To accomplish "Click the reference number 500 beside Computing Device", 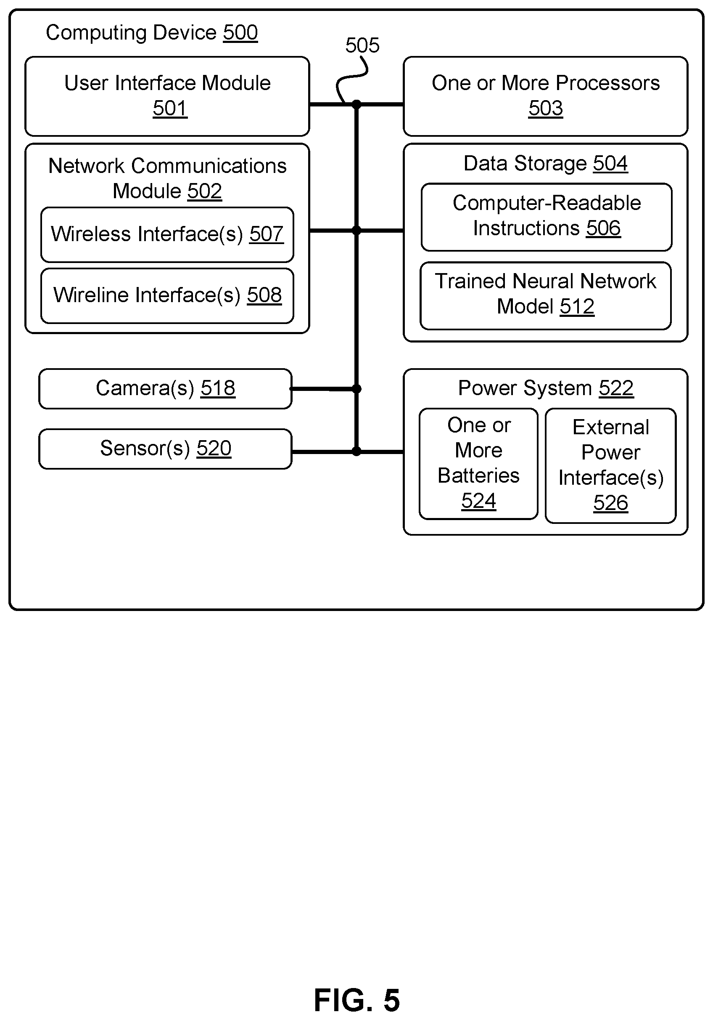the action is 240,33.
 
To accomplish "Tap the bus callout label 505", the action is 362,45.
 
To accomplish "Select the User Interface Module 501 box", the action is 167,96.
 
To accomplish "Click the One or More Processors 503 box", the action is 546,96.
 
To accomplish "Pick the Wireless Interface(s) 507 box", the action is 167,234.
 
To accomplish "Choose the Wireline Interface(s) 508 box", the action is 167,296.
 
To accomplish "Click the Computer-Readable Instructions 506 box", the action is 547,217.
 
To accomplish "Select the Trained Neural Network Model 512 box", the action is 546,296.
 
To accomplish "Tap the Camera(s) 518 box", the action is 165,389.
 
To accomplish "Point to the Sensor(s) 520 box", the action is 165,449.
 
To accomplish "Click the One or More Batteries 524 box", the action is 478,464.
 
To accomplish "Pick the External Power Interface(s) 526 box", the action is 611,465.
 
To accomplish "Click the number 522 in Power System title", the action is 616,388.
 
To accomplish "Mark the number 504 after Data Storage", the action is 610,164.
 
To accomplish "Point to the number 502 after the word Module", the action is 205,191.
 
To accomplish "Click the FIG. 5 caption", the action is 357,1000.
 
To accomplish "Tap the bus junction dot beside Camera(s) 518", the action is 356,389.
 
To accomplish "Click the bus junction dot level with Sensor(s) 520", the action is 356,452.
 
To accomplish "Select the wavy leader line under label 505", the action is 351,80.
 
